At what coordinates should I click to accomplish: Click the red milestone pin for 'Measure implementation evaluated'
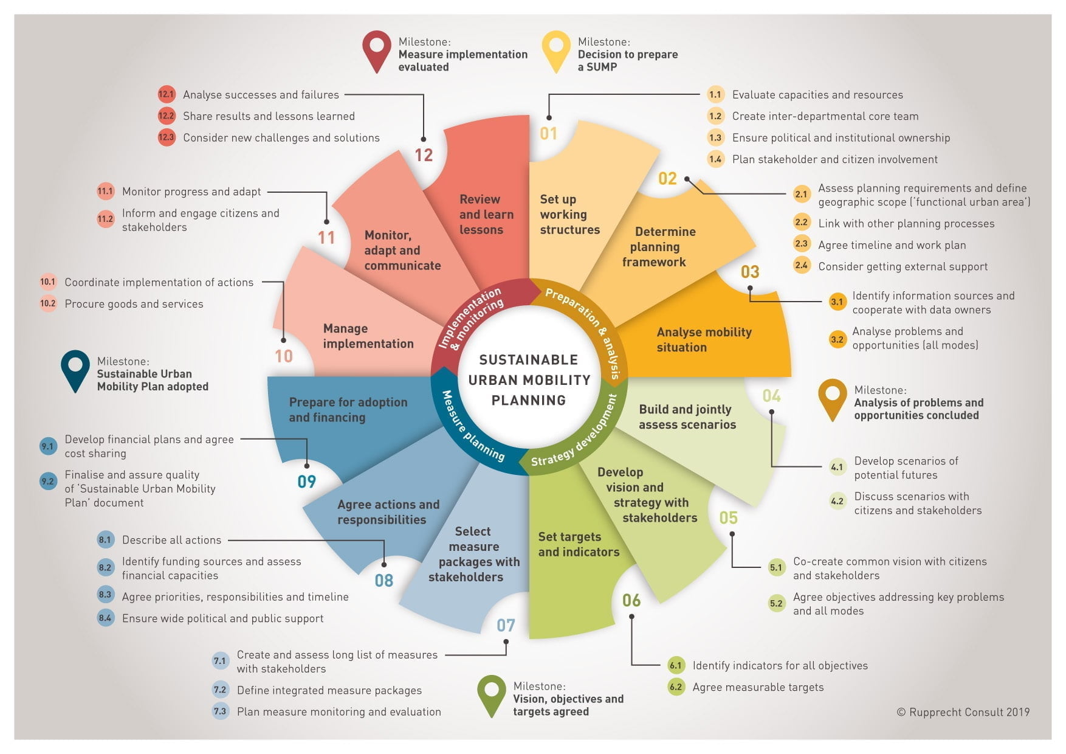pos(376,50)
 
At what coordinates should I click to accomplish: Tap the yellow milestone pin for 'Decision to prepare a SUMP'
pos(555,50)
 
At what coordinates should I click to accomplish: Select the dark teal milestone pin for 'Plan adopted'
pos(75,370)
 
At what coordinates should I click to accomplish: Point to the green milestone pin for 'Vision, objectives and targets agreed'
pos(492,695)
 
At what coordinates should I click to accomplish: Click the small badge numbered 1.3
pos(715,137)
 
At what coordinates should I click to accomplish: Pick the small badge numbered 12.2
pos(166,116)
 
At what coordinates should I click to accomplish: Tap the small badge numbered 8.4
pos(105,618)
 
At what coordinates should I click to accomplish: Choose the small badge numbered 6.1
pos(676,665)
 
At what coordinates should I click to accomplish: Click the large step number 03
pos(750,272)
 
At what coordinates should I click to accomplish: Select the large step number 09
pos(307,482)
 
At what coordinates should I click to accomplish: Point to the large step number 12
pos(424,155)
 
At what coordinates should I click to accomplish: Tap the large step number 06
pos(631,601)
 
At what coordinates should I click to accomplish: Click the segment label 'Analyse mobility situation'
pos(704,339)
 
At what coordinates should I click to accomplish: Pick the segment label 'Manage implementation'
pos(368,336)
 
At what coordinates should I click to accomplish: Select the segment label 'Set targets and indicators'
pos(579,544)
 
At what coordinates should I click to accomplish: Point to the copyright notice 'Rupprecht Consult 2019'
pos(963,711)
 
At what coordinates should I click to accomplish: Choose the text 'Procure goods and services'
pos(134,303)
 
